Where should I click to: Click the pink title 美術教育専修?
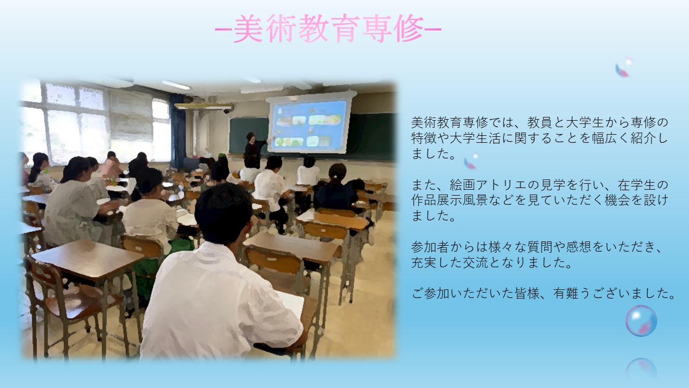[328, 29]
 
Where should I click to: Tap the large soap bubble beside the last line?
[641, 321]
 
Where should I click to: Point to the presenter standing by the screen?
[255, 150]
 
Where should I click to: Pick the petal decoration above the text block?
[623, 67]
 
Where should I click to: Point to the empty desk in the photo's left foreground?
[88, 259]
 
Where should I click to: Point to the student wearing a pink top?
[111, 166]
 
